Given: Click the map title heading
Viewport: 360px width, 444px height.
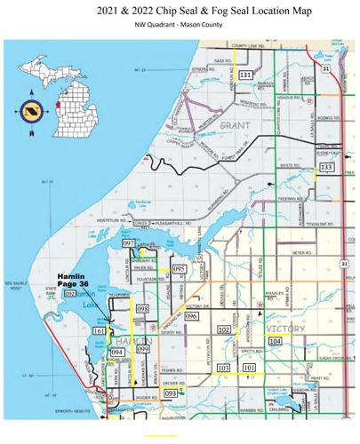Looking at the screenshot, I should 180,12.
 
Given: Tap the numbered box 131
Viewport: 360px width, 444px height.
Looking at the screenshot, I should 245,75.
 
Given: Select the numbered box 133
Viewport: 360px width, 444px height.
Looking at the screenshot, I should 326,167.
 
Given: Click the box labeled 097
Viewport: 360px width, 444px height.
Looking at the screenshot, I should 128,242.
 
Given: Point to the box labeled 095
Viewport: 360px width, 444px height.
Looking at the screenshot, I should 179,268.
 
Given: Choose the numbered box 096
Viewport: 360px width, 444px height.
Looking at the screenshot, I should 190,316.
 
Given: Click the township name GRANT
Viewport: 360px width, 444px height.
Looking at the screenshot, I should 236,125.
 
